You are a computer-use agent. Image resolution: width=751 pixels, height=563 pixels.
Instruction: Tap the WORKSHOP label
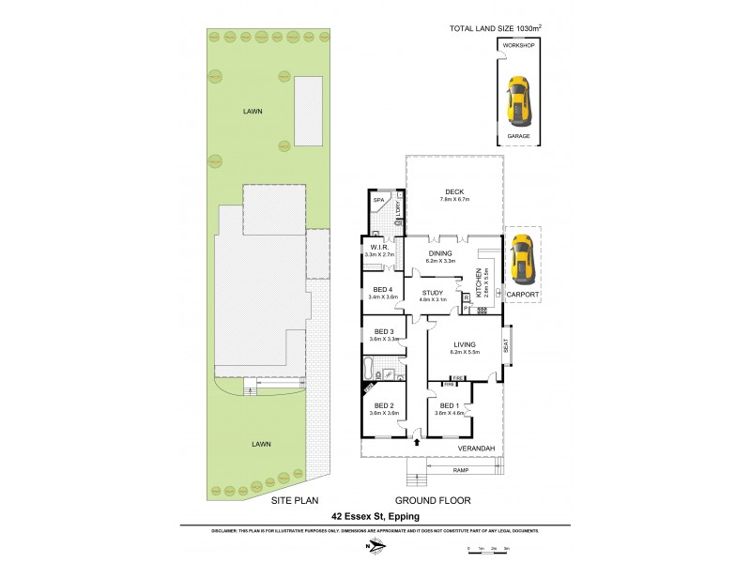518,45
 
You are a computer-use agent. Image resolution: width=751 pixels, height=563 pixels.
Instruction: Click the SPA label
379,201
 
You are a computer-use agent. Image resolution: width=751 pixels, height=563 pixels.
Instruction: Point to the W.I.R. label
380,248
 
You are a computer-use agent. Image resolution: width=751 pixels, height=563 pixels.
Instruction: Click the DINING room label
440,253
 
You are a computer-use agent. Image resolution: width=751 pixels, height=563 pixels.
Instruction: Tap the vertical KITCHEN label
479,281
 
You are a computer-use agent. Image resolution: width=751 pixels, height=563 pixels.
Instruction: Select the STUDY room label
433,293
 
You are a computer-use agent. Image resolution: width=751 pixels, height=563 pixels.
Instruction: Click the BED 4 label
382,289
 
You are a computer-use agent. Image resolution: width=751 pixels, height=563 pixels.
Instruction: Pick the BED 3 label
383,331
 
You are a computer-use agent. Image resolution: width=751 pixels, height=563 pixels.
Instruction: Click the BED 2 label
382,405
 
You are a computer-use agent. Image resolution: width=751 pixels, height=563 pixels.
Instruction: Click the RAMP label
460,469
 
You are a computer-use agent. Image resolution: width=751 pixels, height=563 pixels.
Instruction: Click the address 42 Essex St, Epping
375,516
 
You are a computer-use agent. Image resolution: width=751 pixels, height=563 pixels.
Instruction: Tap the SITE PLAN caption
292,501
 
